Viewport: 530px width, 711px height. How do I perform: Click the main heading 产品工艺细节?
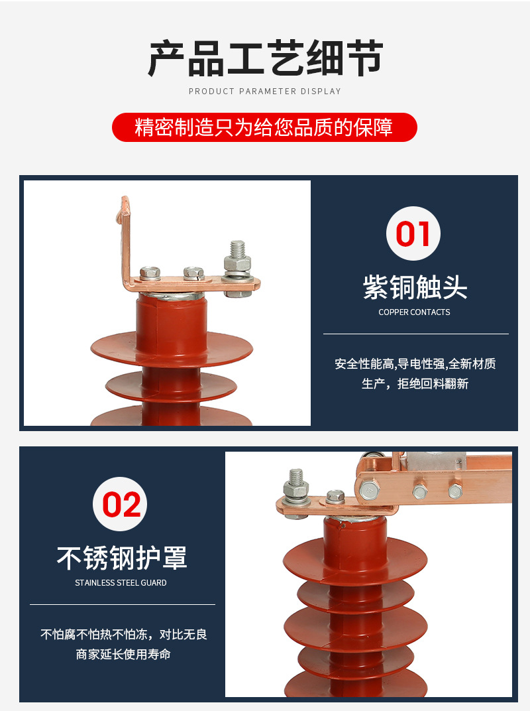pos(265,58)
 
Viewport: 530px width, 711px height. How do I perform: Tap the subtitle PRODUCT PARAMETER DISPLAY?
pos(265,92)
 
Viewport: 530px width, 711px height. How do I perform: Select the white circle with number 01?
pos(413,233)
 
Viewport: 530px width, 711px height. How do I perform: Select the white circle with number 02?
pos(121,504)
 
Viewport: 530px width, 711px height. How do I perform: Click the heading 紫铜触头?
pos(415,288)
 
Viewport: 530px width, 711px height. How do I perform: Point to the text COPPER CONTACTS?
pos(414,312)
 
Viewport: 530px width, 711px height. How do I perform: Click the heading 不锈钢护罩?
pos(122,558)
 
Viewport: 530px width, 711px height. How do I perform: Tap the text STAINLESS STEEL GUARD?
pos(121,583)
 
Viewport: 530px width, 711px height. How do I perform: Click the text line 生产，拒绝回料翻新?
pos(415,384)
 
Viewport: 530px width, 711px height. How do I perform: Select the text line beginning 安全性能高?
pos(415,363)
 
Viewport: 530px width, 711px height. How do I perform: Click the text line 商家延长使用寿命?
pos(123,655)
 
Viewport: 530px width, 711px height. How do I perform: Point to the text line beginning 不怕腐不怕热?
pos(123,634)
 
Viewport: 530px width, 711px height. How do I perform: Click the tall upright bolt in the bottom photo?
pos(295,484)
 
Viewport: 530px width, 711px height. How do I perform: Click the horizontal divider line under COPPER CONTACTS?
pos(415,334)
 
